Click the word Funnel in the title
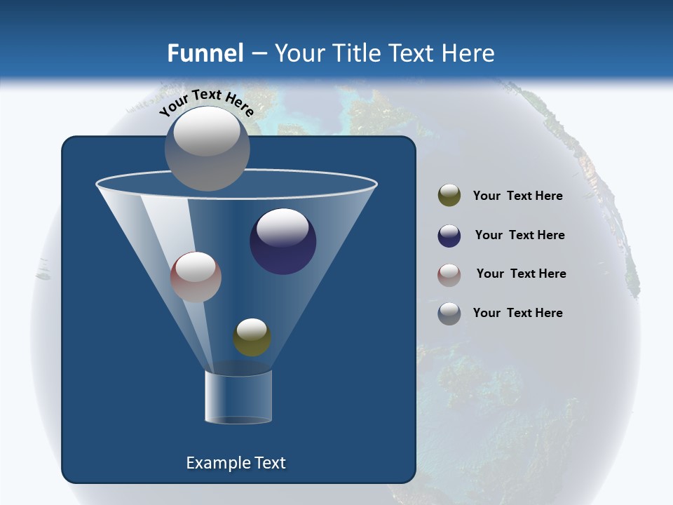[205, 53]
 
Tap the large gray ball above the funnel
[208, 148]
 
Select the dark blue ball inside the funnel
[283, 242]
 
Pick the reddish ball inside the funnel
[196, 277]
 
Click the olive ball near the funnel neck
[252, 337]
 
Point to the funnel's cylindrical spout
[238, 397]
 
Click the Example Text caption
[236, 463]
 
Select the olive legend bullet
[449, 196]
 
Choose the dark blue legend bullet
[449, 236]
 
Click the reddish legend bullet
[449, 274]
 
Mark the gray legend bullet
[449, 314]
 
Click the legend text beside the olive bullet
[517, 196]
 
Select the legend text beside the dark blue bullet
[519, 235]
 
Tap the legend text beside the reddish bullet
[521, 274]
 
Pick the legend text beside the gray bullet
[517, 313]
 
